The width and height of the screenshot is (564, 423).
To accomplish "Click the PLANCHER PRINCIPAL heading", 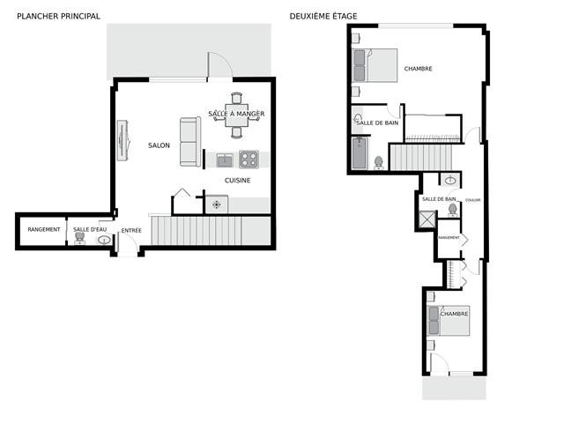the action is pos(58,16).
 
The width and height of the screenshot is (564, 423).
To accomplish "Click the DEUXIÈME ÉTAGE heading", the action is pos(323,16).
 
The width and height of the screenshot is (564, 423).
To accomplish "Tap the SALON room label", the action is pos(159,145).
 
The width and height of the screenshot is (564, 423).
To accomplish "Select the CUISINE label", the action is pos(237,180).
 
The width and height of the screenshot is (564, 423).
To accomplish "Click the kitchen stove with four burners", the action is pos(249,159).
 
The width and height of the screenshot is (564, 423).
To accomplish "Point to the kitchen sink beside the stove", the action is pos(225,160).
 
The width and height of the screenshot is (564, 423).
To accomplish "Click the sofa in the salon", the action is pos(190,142).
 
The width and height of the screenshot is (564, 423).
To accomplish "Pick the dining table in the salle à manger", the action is pos(237,115).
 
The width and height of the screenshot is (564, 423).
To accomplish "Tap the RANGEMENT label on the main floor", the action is pos(44,229).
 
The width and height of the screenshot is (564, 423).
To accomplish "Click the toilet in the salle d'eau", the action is pos(79,238).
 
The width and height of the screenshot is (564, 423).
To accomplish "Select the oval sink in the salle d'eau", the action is pos(104,240).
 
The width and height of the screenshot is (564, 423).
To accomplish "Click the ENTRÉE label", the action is pos(131,230).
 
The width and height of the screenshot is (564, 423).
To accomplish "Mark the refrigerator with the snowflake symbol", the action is pos(217,204).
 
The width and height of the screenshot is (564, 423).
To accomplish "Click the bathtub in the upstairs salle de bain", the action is pos(360,152).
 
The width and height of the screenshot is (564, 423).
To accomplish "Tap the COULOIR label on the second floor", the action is pos(472,200).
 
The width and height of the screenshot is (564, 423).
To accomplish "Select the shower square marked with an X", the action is pos(427,219).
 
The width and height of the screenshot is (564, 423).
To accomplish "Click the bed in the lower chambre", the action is pos(449,321).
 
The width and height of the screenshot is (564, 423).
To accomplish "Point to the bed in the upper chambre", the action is pos(375,65).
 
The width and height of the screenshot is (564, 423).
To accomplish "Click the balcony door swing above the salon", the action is pos(219,64).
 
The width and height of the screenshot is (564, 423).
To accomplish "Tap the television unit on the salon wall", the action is pos(122,140).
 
